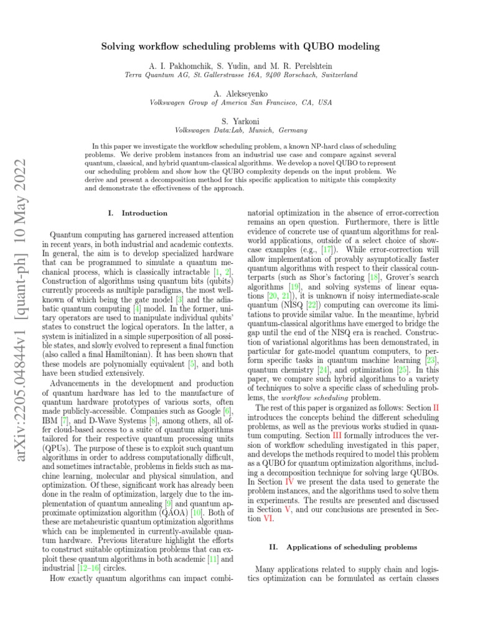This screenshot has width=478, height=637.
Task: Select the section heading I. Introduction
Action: click(x=138, y=213)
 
